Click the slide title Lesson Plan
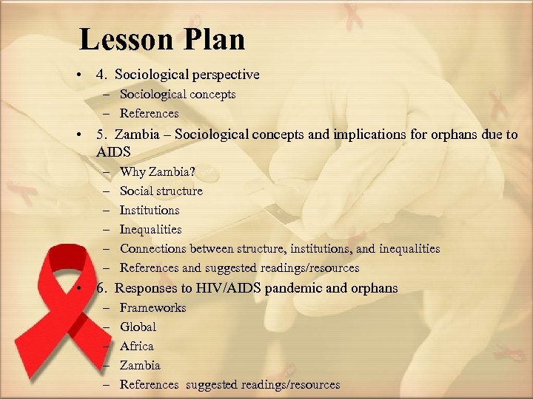point(161,39)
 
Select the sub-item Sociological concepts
point(178,94)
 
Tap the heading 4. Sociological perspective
point(178,75)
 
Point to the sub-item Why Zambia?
point(157,171)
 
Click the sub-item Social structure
point(161,191)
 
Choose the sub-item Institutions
point(150,210)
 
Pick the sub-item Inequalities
point(150,229)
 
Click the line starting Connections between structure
point(279,248)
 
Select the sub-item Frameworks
point(152,307)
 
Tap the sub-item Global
point(138,327)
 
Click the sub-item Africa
point(137,346)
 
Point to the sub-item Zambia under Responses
point(140,365)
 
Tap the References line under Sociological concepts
point(149,113)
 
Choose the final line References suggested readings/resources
point(229,384)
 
